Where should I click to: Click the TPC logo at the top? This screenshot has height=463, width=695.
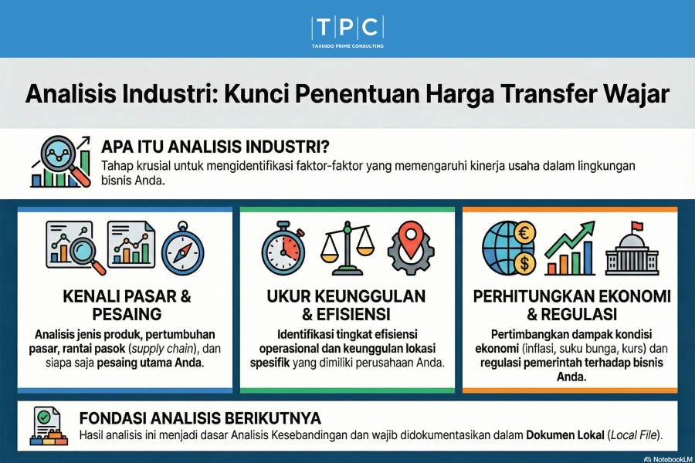point(347,28)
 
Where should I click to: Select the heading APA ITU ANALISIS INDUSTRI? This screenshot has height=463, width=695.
point(217,147)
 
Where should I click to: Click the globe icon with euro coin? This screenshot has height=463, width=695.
point(506,245)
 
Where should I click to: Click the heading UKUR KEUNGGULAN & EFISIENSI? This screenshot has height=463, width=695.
point(346,306)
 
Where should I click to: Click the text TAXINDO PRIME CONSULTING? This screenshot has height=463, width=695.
point(347,46)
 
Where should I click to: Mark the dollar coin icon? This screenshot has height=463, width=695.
point(523,263)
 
